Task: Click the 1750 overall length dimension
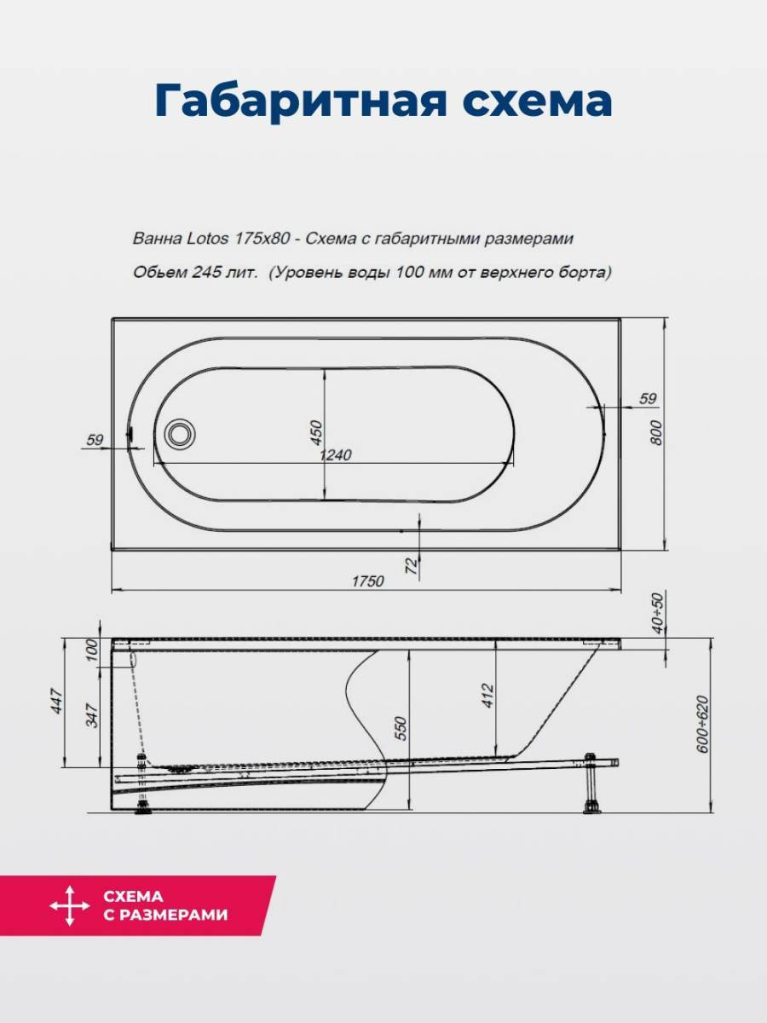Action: [x=367, y=581]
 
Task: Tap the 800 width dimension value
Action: [x=655, y=432]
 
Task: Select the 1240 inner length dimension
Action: [x=335, y=454]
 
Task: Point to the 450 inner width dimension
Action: [x=315, y=432]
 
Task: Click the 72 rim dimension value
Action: [x=412, y=566]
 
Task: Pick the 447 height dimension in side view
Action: [x=57, y=701]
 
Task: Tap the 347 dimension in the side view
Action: [x=93, y=715]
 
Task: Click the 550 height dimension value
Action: [x=401, y=728]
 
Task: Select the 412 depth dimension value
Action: [x=487, y=696]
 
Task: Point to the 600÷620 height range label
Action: [x=702, y=725]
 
